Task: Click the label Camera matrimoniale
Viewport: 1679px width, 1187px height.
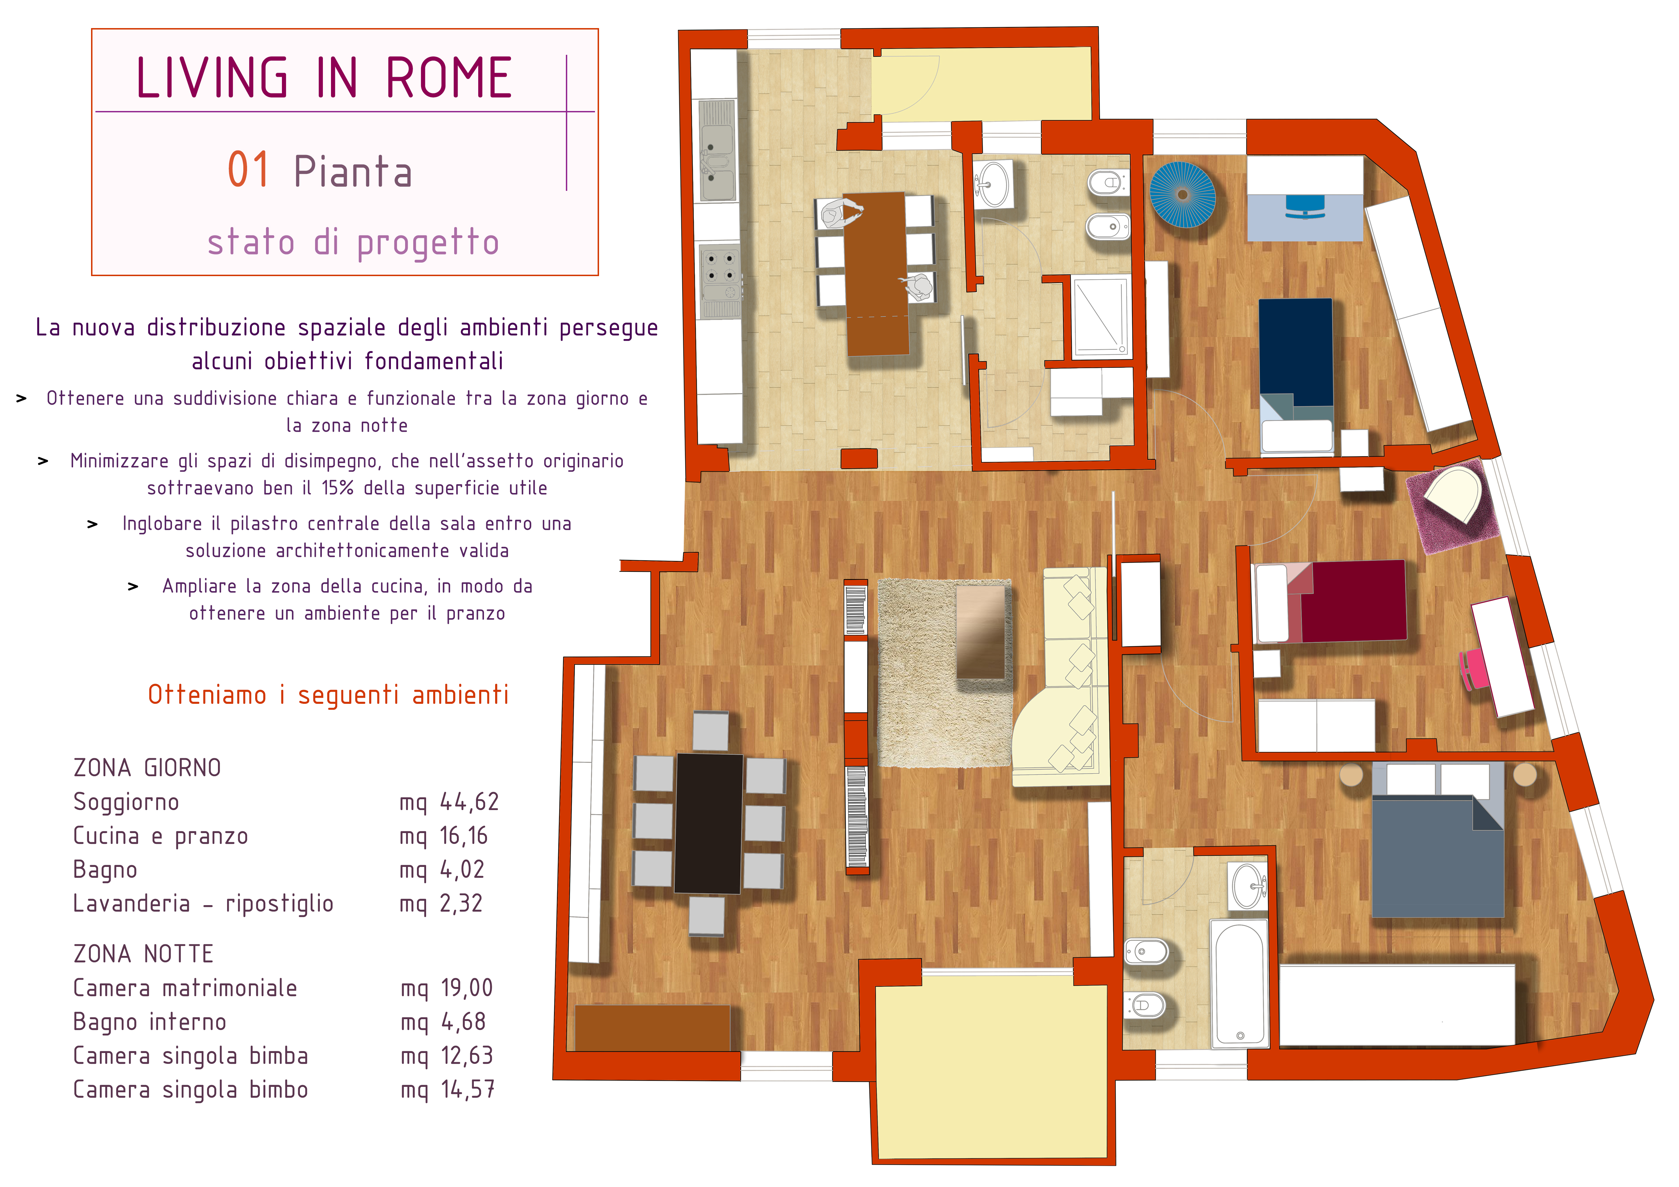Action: (x=185, y=988)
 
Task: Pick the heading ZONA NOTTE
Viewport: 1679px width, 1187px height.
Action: (x=143, y=954)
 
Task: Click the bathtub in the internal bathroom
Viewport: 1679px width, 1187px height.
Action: (x=1239, y=983)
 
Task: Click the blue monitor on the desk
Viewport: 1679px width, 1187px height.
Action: (x=1305, y=206)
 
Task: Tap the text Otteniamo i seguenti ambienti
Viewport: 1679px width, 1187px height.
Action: (x=328, y=694)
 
